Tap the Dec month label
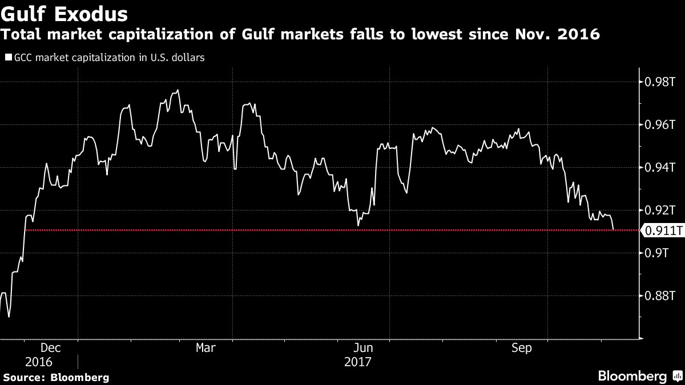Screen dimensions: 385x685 [50, 348]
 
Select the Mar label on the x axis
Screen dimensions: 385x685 [205, 348]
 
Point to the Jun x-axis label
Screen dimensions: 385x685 [364, 348]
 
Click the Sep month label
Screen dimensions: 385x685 [522, 348]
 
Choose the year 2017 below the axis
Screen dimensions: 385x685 [358, 362]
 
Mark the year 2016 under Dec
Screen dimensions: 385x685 [39, 362]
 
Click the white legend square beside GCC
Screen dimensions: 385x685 [8, 57]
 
